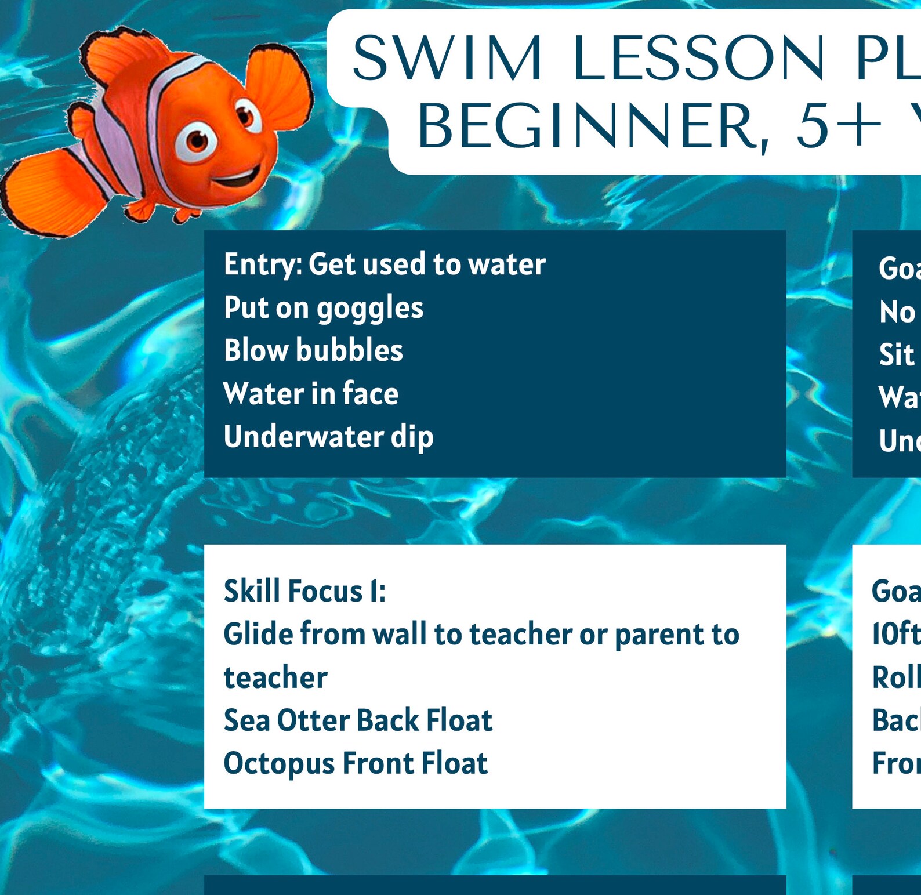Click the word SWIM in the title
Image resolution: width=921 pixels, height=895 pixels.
[x=447, y=58]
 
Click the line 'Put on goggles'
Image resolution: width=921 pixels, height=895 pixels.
[x=324, y=307]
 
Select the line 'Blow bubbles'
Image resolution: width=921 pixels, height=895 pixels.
[x=313, y=350]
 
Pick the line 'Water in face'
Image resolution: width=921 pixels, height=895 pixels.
[x=311, y=393]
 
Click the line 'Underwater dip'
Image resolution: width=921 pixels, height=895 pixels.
[x=328, y=437]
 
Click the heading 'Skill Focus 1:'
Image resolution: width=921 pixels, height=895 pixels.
[x=304, y=591]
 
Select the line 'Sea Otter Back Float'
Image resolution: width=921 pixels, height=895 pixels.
[x=358, y=720]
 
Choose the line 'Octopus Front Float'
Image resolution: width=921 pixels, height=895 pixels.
[x=356, y=763]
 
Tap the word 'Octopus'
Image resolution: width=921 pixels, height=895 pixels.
[x=279, y=763]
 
